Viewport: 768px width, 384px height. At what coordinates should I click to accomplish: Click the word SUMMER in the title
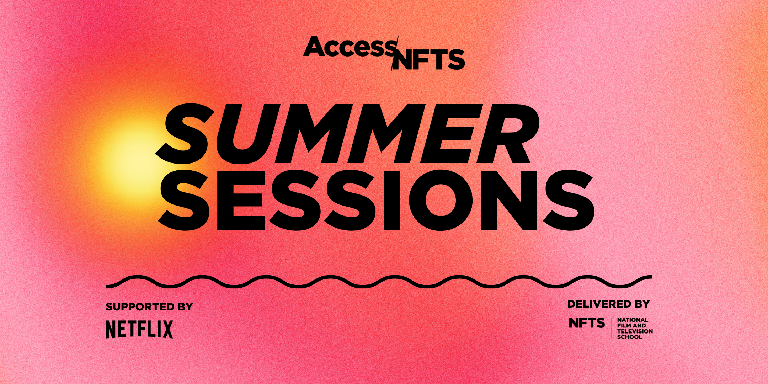347,133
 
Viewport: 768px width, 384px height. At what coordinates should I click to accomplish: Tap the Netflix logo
139,329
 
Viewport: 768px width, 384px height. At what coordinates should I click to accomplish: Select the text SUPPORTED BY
149,306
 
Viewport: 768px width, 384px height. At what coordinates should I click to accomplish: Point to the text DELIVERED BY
608,304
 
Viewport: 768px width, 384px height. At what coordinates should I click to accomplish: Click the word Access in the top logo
348,48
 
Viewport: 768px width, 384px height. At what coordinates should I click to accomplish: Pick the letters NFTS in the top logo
430,60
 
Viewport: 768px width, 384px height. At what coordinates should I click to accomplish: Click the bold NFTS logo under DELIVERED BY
587,323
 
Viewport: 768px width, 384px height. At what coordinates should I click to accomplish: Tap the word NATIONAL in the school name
633,320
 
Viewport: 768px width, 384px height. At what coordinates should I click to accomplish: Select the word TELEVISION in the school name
635,331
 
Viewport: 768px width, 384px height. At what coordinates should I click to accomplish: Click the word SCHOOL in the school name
629,337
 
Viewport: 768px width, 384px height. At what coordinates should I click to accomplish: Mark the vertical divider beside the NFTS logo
611,328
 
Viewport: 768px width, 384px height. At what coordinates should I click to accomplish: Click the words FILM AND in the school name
631,326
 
